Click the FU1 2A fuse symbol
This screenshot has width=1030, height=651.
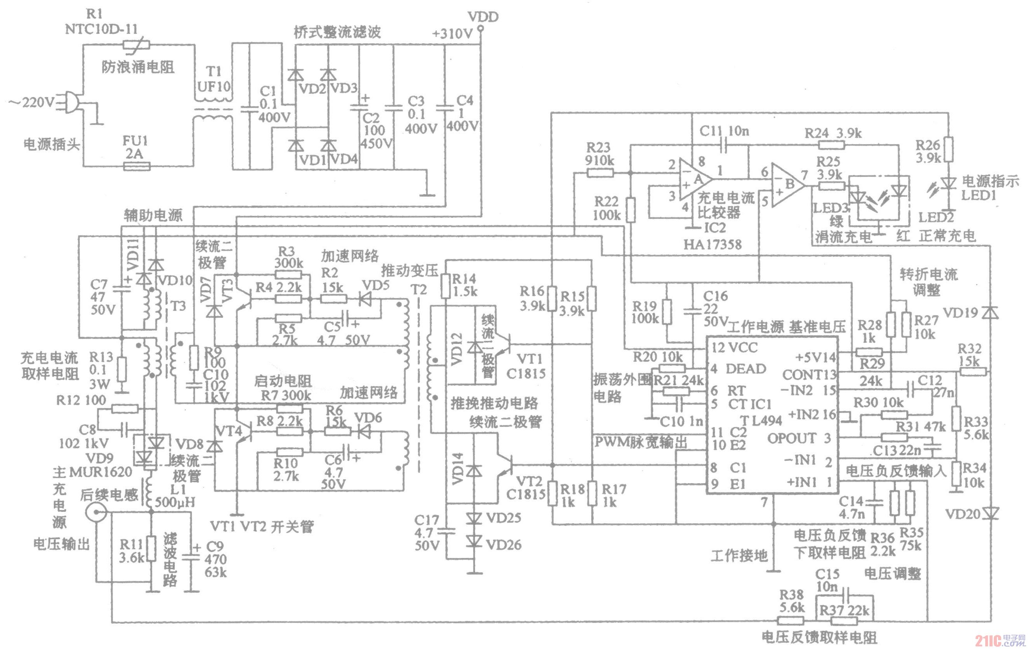click(136, 166)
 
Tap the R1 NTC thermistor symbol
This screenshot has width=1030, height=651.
click(136, 44)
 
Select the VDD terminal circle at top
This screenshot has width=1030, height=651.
click(481, 28)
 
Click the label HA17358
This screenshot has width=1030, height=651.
click(712, 244)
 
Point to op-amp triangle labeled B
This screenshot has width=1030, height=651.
click(787, 185)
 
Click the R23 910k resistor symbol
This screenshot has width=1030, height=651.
click(600, 173)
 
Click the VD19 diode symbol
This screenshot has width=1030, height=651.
click(990, 313)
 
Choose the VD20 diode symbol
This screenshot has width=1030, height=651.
click(990, 513)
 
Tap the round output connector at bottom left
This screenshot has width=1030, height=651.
click(95, 512)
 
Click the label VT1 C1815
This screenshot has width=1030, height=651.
click(526, 365)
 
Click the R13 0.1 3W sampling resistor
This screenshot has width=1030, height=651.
click(122, 369)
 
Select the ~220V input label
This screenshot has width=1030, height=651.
click(32, 103)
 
